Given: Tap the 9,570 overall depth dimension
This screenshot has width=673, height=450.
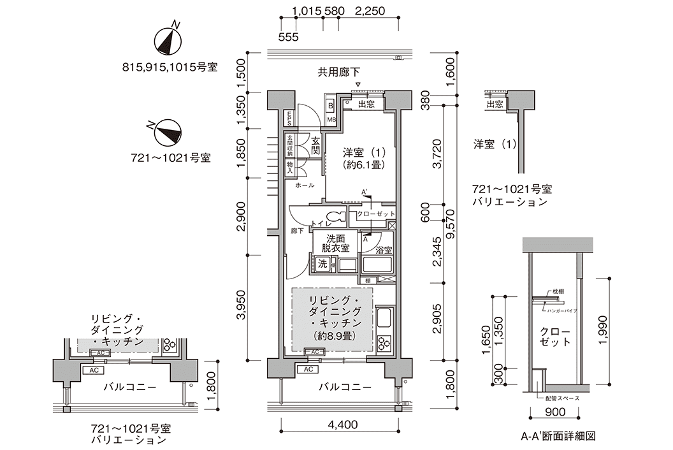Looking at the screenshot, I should (x=452, y=233).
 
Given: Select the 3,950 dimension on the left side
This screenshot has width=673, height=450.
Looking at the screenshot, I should (x=242, y=307).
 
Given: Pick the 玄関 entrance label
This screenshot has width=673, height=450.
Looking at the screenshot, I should (x=315, y=146).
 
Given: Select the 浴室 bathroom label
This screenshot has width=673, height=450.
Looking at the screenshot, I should (x=383, y=250).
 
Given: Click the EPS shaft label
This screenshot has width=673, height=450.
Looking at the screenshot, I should (x=289, y=118).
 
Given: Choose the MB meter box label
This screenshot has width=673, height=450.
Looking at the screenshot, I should (x=331, y=119).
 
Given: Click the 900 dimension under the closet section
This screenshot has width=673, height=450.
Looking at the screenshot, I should (x=552, y=412).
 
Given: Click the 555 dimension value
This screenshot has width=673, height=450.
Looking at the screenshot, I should (x=289, y=37).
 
